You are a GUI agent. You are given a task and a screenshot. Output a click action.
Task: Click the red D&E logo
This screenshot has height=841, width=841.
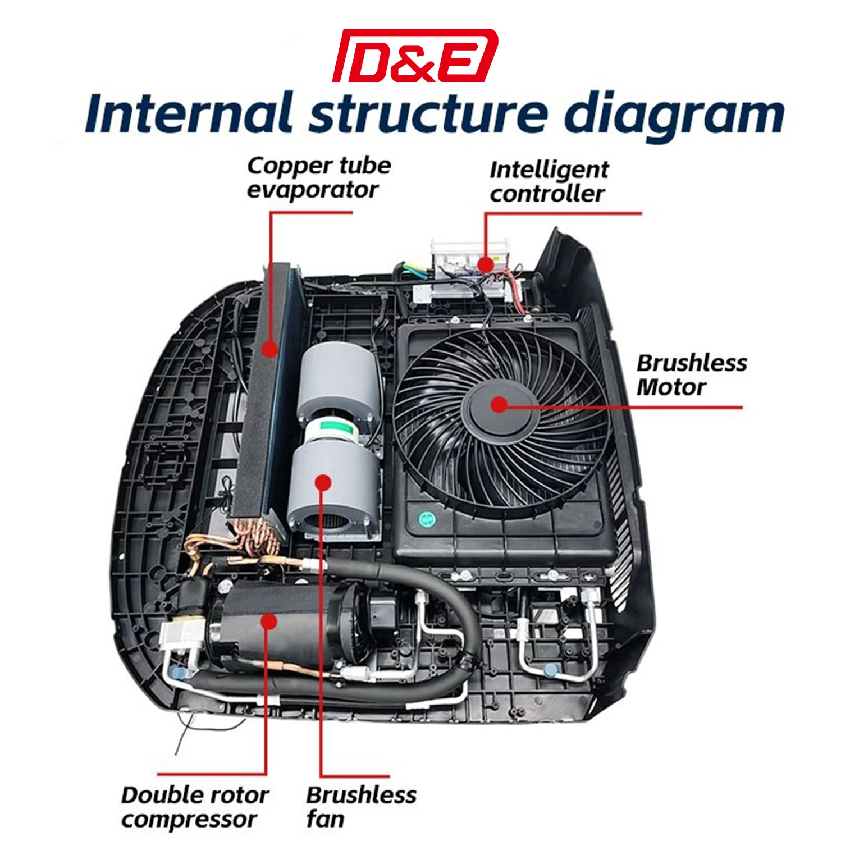point(415,55)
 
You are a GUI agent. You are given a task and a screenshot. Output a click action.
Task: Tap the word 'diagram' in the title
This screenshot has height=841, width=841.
point(674,116)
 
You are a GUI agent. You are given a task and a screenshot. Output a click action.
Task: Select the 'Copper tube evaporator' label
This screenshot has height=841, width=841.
point(319,177)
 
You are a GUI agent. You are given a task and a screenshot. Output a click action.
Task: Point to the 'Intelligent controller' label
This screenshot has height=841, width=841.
point(549,181)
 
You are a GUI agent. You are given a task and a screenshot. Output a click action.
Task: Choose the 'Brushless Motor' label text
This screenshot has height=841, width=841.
point(692,374)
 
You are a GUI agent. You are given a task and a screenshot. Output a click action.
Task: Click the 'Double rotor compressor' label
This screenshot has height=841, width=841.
point(195,807)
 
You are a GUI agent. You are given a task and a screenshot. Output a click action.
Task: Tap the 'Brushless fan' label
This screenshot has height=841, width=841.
point(361,807)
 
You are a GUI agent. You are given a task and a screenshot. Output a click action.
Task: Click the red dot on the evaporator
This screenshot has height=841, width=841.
point(270,349)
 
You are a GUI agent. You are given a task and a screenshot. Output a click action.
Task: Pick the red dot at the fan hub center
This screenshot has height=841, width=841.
point(499,404)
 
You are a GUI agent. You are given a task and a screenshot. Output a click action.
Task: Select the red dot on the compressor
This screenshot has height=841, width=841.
point(269,622)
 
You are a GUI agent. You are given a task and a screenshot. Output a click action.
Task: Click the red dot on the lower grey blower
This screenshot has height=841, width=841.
point(323,483)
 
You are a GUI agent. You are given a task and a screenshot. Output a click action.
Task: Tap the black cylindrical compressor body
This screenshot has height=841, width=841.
point(286,623)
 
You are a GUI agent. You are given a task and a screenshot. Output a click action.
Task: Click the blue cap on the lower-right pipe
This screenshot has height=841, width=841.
point(550,670)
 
